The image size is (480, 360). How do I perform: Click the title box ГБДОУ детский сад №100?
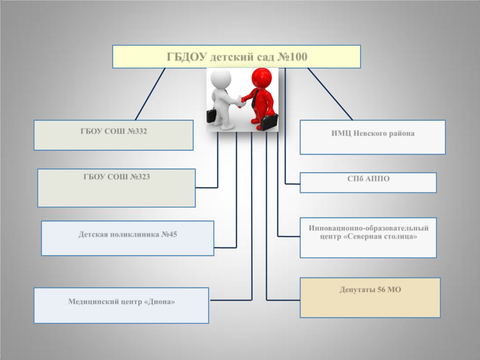click(x=236, y=57)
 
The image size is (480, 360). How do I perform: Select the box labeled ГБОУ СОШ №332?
click(x=114, y=135)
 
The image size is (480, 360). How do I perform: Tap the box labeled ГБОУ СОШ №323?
click(x=116, y=188)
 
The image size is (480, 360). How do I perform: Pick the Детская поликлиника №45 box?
click(x=127, y=238)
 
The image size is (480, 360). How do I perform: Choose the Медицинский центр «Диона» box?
click(x=121, y=305)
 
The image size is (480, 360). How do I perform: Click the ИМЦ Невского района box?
click(x=373, y=137)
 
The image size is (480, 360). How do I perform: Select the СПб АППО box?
click(x=368, y=182)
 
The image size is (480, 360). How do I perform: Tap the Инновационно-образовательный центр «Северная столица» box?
click(x=368, y=237)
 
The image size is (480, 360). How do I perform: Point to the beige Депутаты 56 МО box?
click(x=370, y=298)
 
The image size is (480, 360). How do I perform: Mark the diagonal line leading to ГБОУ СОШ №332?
click(x=150, y=94)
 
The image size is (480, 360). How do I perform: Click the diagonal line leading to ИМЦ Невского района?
click(x=330, y=94)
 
